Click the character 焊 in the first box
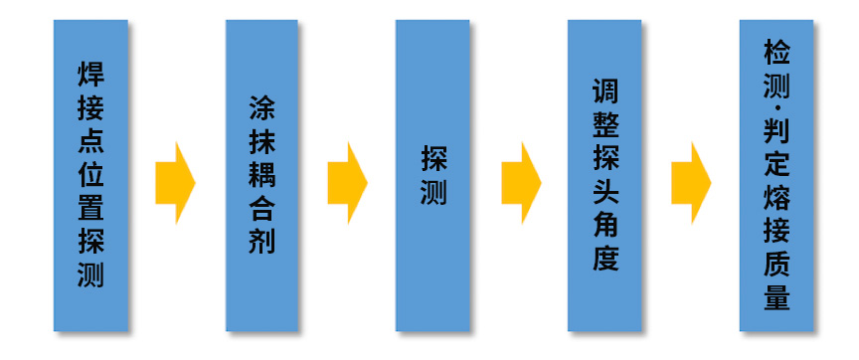90,74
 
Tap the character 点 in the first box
90,140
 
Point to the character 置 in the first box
90,208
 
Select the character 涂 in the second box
261,107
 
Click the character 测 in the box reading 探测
433,191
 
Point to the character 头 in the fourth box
604,192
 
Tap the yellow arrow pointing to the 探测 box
347,183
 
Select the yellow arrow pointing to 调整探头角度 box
519,183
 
